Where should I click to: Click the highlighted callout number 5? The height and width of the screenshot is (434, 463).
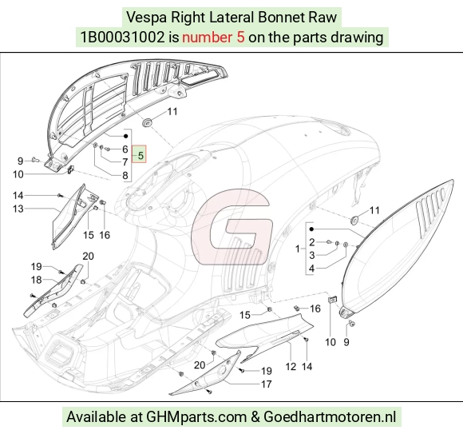click(x=140, y=155)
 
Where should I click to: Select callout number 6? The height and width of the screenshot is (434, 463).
click(x=125, y=149)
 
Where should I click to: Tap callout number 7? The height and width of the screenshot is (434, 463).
click(x=125, y=162)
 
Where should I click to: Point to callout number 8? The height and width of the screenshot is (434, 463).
click(x=125, y=175)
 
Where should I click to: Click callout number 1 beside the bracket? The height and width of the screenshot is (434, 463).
click(x=298, y=249)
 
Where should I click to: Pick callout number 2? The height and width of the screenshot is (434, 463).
click(x=312, y=242)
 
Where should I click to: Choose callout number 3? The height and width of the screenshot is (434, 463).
click(x=312, y=255)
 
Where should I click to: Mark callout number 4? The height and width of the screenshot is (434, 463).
click(x=312, y=269)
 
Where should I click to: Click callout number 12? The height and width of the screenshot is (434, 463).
click(x=291, y=367)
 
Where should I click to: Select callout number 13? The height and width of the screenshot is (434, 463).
click(x=18, y=209)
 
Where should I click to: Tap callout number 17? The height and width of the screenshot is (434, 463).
click(x=267, y=384)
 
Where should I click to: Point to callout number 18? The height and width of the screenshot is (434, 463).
click(x=36, y=280)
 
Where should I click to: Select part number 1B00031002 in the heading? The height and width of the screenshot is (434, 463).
click(x=122, y=38)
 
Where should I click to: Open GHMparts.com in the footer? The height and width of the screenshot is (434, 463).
click(x=196, y=417)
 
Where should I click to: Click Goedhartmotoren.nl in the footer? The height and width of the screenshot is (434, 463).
click(x=330, y=417)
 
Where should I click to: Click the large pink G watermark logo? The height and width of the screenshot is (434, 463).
click(x=231, y=226)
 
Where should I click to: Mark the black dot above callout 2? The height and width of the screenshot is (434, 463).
click(x=311, y=229)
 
